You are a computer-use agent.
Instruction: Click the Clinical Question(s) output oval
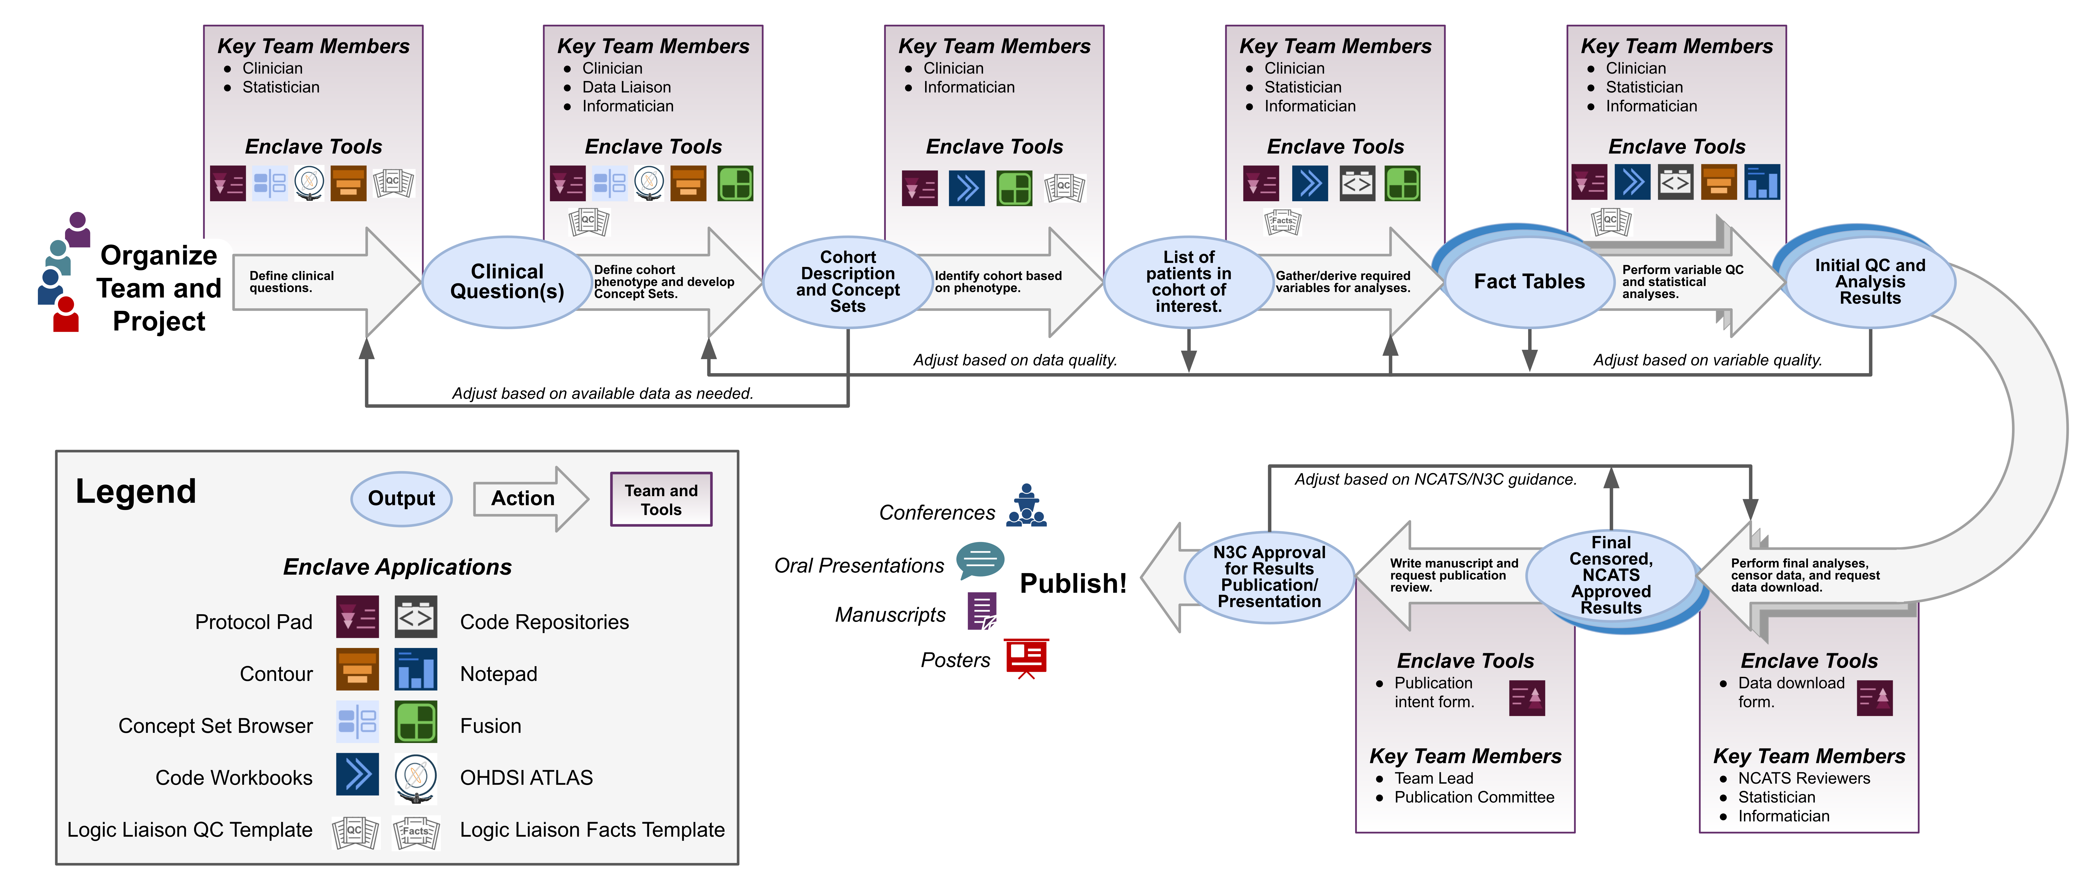click(507, 282)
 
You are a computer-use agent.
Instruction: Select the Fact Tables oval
click(1529, 282)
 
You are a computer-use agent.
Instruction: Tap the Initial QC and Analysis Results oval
click(1870, 282)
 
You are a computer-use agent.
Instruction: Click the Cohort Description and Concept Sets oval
click(847, 282)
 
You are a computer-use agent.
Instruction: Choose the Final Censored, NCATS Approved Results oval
click(1611, 575)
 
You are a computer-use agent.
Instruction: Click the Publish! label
click(1073, 583)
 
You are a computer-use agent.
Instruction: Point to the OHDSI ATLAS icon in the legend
click(416, 777)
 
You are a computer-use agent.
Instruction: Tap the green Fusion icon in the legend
click(416, 722)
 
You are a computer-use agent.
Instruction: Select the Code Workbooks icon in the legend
click(357, 775)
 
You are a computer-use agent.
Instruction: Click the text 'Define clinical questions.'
click(291, 282)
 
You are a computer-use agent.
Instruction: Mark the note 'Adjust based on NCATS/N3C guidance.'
click(1435, 479)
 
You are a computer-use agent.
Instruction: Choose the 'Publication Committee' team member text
click(1474, 797)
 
